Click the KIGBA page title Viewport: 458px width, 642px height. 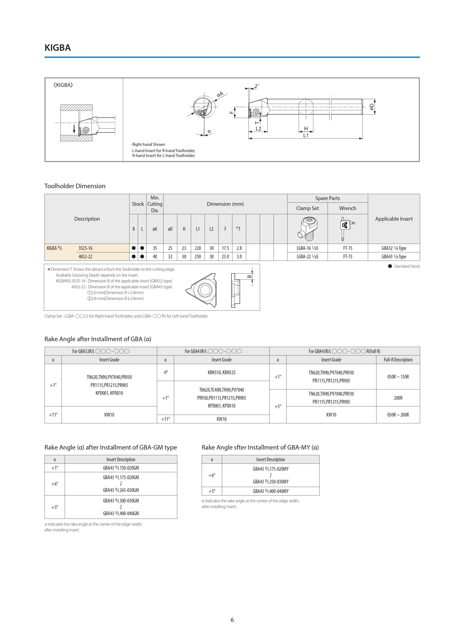click(57, 48)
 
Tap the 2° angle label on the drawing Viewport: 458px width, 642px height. click(256, 86)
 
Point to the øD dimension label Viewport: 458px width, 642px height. click(372, 107)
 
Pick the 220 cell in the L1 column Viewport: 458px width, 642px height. click(198, 248)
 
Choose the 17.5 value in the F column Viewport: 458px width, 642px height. click(225, 248)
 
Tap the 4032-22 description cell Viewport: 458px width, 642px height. click(85, 257)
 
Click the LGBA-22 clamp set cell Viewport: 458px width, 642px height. click(307, 257)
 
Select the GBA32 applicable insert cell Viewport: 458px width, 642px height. click(394, 248)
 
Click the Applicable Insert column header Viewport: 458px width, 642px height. click(394, 219)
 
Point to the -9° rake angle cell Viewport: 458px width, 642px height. click(166, 372)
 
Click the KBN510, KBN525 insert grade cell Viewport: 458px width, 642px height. click(221, 372)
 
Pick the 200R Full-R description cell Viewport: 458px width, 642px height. click(398, 398)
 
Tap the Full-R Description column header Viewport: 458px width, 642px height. click(398, 360)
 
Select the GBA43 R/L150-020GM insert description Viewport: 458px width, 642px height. click(121, 468)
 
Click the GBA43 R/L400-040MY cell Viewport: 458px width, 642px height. click(271, 491)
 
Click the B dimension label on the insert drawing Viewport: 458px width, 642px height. click(249, 277)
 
